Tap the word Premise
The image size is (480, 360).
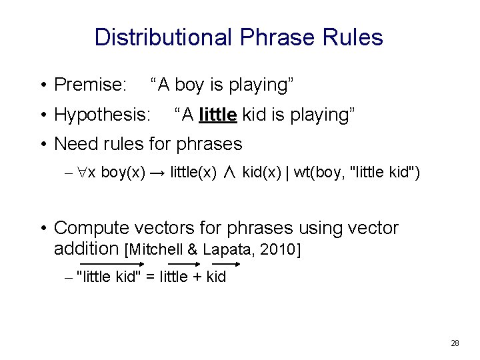point(90,85)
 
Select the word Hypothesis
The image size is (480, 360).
point(102,115)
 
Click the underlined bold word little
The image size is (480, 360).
point(218,115)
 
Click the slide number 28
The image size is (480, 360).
point(455,343)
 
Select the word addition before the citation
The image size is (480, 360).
point(86,249)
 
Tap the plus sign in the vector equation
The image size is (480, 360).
point(198,277)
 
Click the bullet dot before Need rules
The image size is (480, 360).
point(43,144)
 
